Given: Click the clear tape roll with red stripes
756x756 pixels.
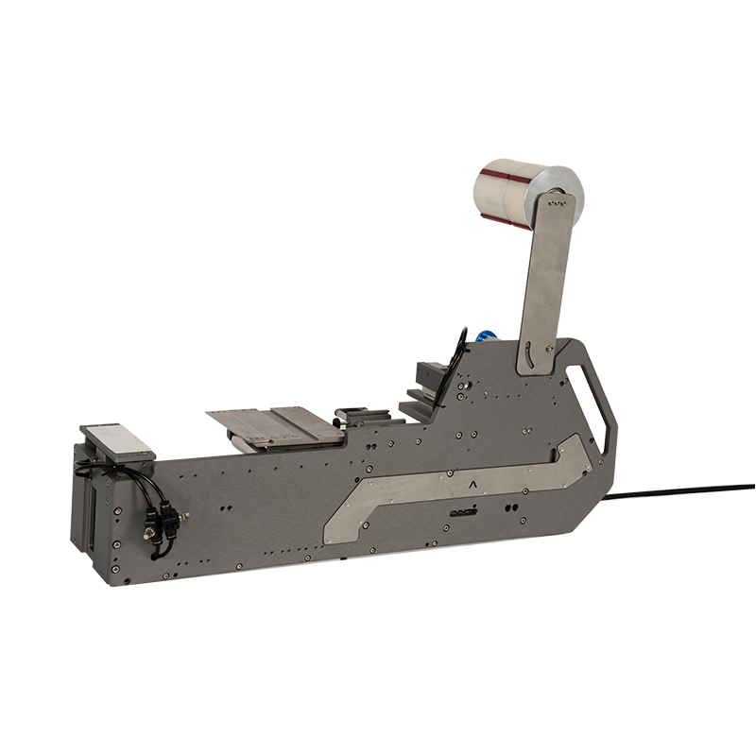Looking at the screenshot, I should (506, 194).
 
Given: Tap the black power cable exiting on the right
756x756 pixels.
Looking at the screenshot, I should (680, 491).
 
